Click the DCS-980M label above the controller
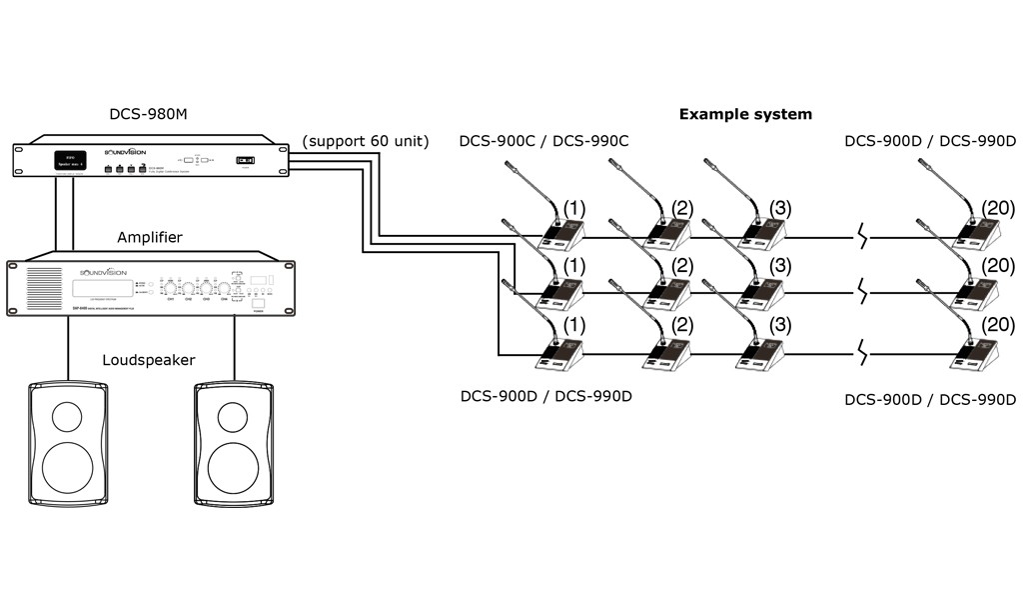pyautogui.click(x=148, y=114)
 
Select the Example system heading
pyautogui.click(x=745, y=114)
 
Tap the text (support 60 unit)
pyautogui.click(x=366, y=141)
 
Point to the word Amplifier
pyautogui.click(x=150, y=237)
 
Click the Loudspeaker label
pyautogui.click(x=149, y=359)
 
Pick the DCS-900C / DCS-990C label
pyautogui.click(x=543, y=141)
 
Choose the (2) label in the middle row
pyautogui.click(x=683, y=266)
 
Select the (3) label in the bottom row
pyautogui.click(x=780, y=324)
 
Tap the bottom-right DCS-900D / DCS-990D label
pyautogui.click(x=929, y=399)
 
